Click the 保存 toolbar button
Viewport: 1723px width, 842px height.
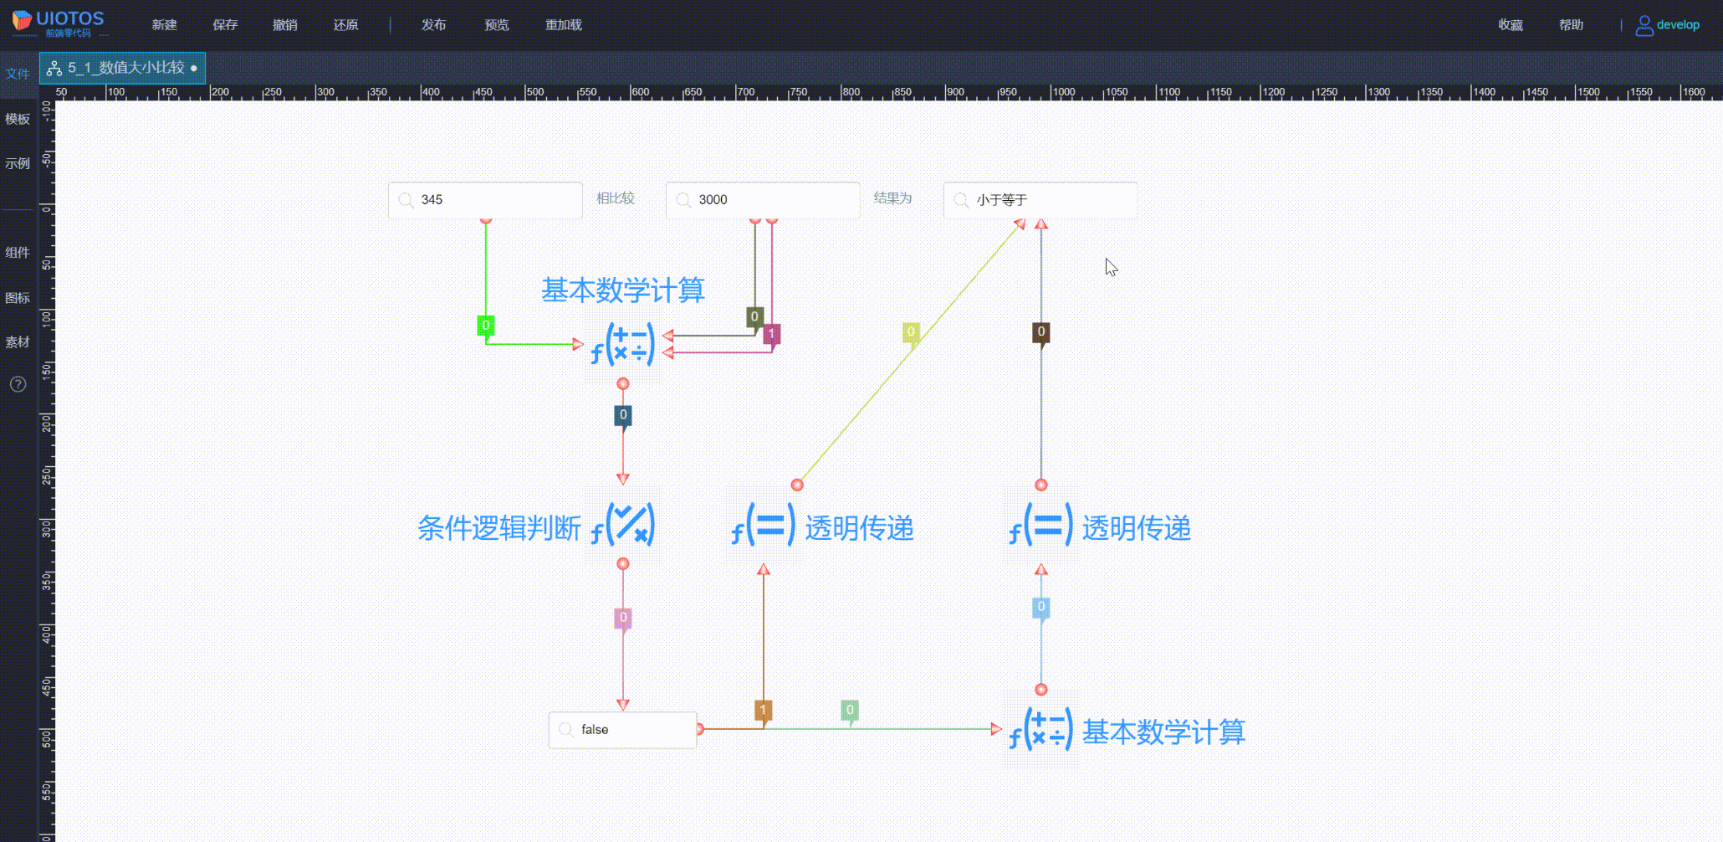(x=225, y=25)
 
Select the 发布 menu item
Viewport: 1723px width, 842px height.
(x=433, y=25)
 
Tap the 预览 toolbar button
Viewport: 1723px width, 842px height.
(x=497, y=25)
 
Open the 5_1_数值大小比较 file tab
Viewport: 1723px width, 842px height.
(x=123, y=68)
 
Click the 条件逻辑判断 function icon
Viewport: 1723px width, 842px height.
(x=623, y=525)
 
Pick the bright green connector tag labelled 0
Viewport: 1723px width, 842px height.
(x=486, y=326)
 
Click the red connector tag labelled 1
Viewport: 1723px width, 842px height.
(x=771, y=334)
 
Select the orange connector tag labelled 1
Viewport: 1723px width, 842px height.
(x=763, y=710)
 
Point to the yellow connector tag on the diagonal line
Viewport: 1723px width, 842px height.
(x=911, y=332)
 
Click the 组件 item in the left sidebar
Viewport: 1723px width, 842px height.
(x=18, y=253)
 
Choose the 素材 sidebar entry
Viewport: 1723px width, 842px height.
(x=18, y=342)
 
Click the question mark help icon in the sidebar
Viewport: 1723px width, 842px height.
(x=18, y=384)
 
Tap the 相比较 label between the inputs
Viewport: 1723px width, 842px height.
(x=616, y=198)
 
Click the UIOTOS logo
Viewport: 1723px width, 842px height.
(x=59, y=23)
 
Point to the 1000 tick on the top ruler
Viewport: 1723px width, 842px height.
(x=1063, y=92)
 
